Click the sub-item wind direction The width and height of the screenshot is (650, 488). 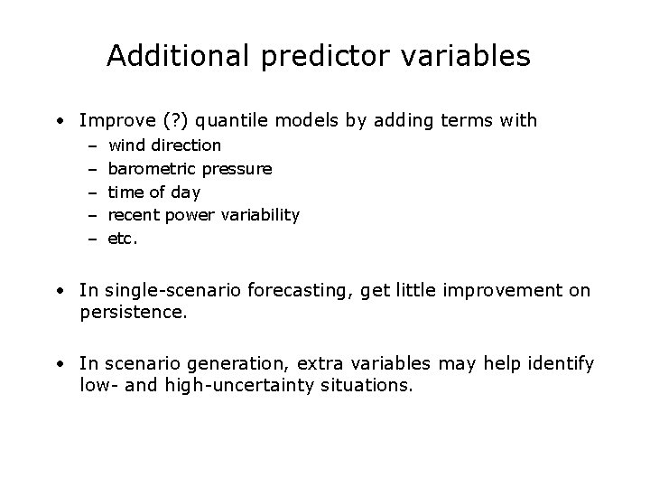click(x=164, y=145)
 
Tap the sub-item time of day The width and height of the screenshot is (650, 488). click(x=153, y=192)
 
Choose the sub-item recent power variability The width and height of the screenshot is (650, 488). click(x=203, y=215)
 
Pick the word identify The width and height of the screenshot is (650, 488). click(x=561, y=364)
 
